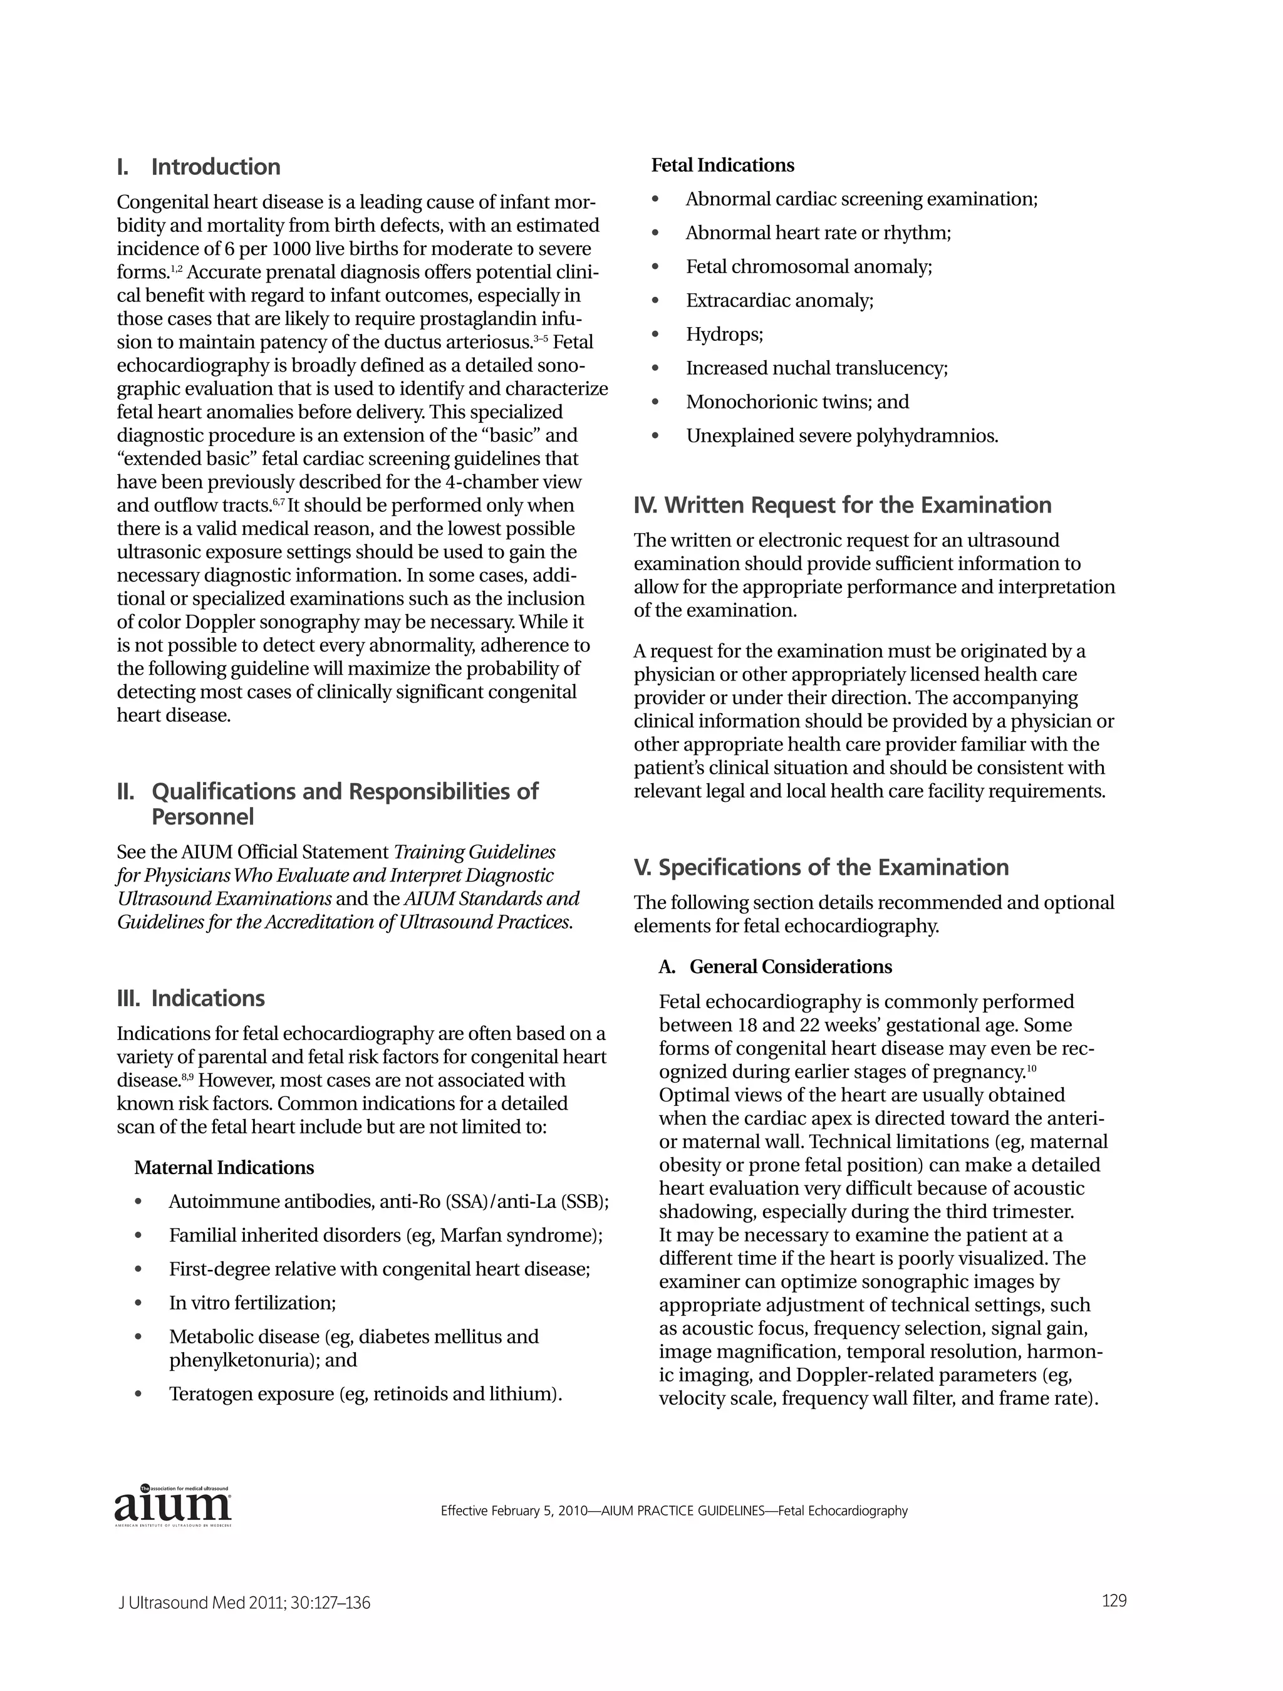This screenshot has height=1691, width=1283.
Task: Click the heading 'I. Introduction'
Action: point(199,167)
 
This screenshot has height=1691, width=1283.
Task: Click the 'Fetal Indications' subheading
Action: point(722,165)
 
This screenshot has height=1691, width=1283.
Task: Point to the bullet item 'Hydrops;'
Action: point(724,334)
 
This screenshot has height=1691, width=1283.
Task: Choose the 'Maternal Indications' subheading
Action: point(224,1167)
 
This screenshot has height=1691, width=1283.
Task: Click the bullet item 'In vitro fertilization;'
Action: point(252,1302)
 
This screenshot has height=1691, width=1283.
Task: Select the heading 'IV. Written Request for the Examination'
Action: point(843,506)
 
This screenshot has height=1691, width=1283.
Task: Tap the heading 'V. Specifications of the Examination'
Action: point(821,867)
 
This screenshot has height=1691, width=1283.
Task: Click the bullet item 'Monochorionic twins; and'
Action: point(797,402)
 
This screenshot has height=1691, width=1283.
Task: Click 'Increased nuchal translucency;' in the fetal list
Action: point(816,368)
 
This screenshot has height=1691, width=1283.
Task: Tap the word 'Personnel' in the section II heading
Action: point(202,816)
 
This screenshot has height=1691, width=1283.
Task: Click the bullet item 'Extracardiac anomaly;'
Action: point(779,301)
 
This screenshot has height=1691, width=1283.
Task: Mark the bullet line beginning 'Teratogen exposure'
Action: point(365,1393)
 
